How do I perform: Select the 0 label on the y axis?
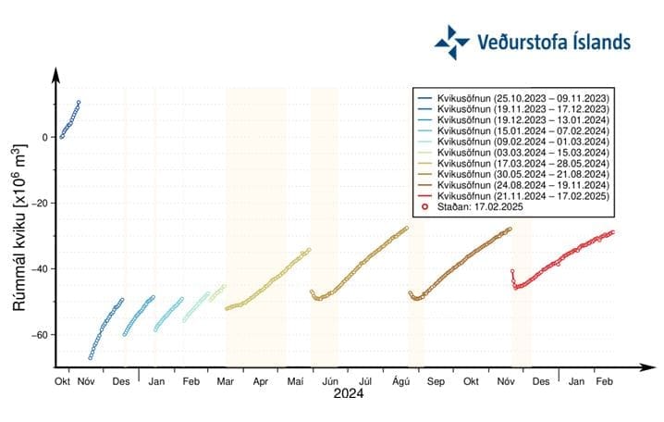[x=43, y=138]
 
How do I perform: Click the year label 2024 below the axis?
[x=349, y=393]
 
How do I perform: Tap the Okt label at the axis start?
[x=63, y=380]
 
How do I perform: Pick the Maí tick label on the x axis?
[x=295, y=380]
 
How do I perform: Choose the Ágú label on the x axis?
[x=400, y=380]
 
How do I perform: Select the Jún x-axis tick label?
[x=330, y=380]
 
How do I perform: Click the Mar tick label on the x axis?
[x=226, y=380]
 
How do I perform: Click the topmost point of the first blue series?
[x=79, y=103]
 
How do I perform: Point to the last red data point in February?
[x=612, y=232]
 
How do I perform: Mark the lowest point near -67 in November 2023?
[x=91, y=357]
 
